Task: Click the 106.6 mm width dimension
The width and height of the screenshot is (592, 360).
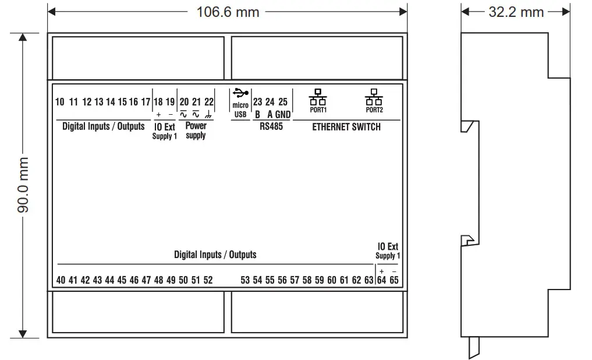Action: (228, 12)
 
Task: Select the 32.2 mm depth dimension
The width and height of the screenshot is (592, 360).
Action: (516, 12)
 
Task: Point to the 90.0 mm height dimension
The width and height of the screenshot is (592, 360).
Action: (23, 185)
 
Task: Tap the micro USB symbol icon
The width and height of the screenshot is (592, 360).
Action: (240, 93)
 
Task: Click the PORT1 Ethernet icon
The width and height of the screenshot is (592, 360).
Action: (318, 97)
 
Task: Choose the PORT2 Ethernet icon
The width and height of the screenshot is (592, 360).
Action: (374, 97)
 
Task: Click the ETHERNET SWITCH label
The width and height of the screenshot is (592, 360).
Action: (346, 127)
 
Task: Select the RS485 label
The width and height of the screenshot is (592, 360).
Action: (271, 126)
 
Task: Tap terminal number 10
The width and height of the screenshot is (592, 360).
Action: (59, 102)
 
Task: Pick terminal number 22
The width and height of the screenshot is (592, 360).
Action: (209, 102)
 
